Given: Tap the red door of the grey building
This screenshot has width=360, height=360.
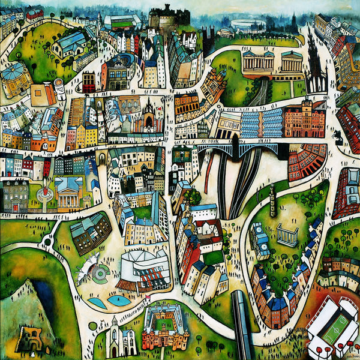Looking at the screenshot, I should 14,208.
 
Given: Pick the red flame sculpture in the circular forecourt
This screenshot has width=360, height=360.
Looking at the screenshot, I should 42,193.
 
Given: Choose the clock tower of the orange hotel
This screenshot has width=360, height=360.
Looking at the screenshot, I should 305,106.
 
